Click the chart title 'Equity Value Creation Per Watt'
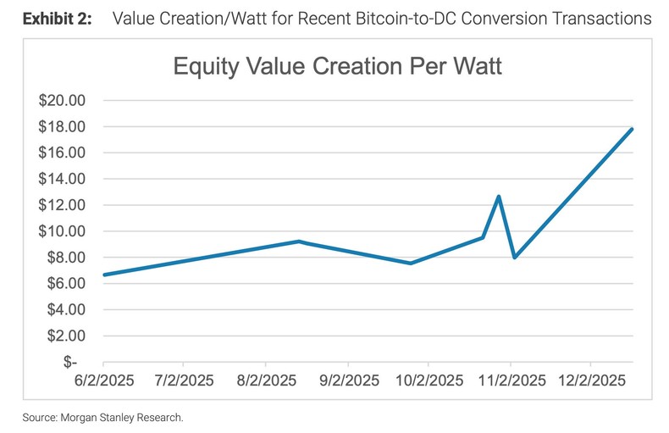coord(338,67)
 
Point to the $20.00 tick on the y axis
coord(63,101)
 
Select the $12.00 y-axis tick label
coord(63,205)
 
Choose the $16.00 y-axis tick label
coord(63,153)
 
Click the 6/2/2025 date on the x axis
coord(103,381)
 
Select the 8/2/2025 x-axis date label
coord(267,381)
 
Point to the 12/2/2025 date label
coord(589,381)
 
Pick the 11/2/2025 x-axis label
coord(510,381)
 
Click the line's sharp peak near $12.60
coord(499,197)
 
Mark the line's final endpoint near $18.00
coord(633,129)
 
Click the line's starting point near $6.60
coord(103,275)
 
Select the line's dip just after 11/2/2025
coord(514,258)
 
